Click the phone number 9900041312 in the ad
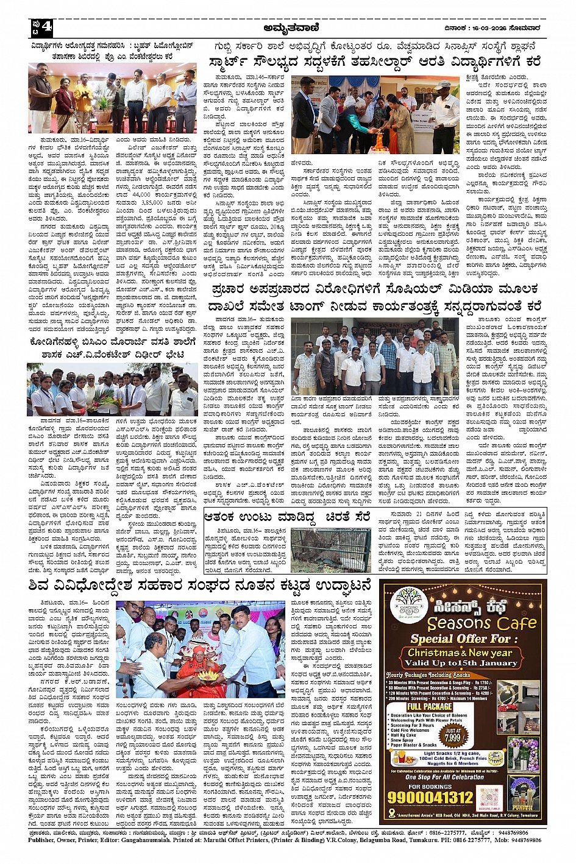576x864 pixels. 431,798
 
